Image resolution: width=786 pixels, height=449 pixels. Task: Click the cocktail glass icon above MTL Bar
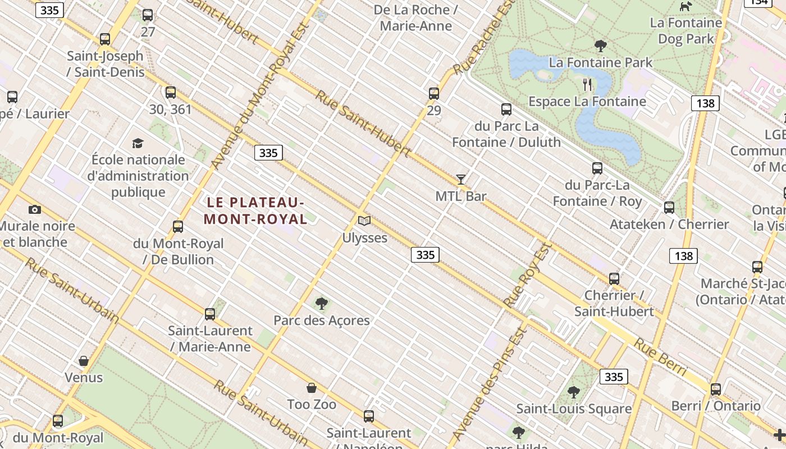pyautogui.click(x=461, y=180)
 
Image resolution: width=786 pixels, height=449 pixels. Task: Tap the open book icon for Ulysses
pyautogui.click(x=364, y=221)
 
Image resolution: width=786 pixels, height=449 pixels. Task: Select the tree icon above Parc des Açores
pyautogui.click(x=322, y=304)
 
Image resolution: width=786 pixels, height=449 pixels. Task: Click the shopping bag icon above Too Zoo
pyautogui.click(x=312, y=388)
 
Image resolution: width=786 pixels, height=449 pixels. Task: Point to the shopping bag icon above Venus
pyautogui.click(x=84, y=361)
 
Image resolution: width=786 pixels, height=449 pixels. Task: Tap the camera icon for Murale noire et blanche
pyautogui.click(x=35, y=210)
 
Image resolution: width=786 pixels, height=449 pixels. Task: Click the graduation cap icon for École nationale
pyautogui.click(x=138, y=144)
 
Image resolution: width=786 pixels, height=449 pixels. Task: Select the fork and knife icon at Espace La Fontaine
pyautogui.click(x=588, y=85)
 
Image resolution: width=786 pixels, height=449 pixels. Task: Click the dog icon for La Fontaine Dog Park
pyautogui.click(x=686, y=7)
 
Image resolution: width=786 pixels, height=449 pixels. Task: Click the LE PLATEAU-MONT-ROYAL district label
pyautogui.click(x=255, y=210)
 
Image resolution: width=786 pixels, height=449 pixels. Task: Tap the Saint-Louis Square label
pyautogui.click(x=574, y=409)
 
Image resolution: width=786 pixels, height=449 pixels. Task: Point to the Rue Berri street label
pyautogui.click(x=661, y=357)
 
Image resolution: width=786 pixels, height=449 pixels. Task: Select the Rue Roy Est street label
pyautogui.click(x=528, y=275)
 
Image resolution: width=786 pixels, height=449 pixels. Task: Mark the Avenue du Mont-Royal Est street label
pyautogui.click(x=261, y=95)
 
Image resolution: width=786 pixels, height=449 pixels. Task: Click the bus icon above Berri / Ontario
pyautogui.click(x=716, y=390)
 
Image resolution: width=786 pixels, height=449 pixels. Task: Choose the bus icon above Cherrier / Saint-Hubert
pyautogui.click(x=614, y=279)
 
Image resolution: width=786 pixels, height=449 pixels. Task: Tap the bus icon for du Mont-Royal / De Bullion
pyautogui.click(x=178, y=227)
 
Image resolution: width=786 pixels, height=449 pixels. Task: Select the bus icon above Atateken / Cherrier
pyautogui.click(x=669, y=208)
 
